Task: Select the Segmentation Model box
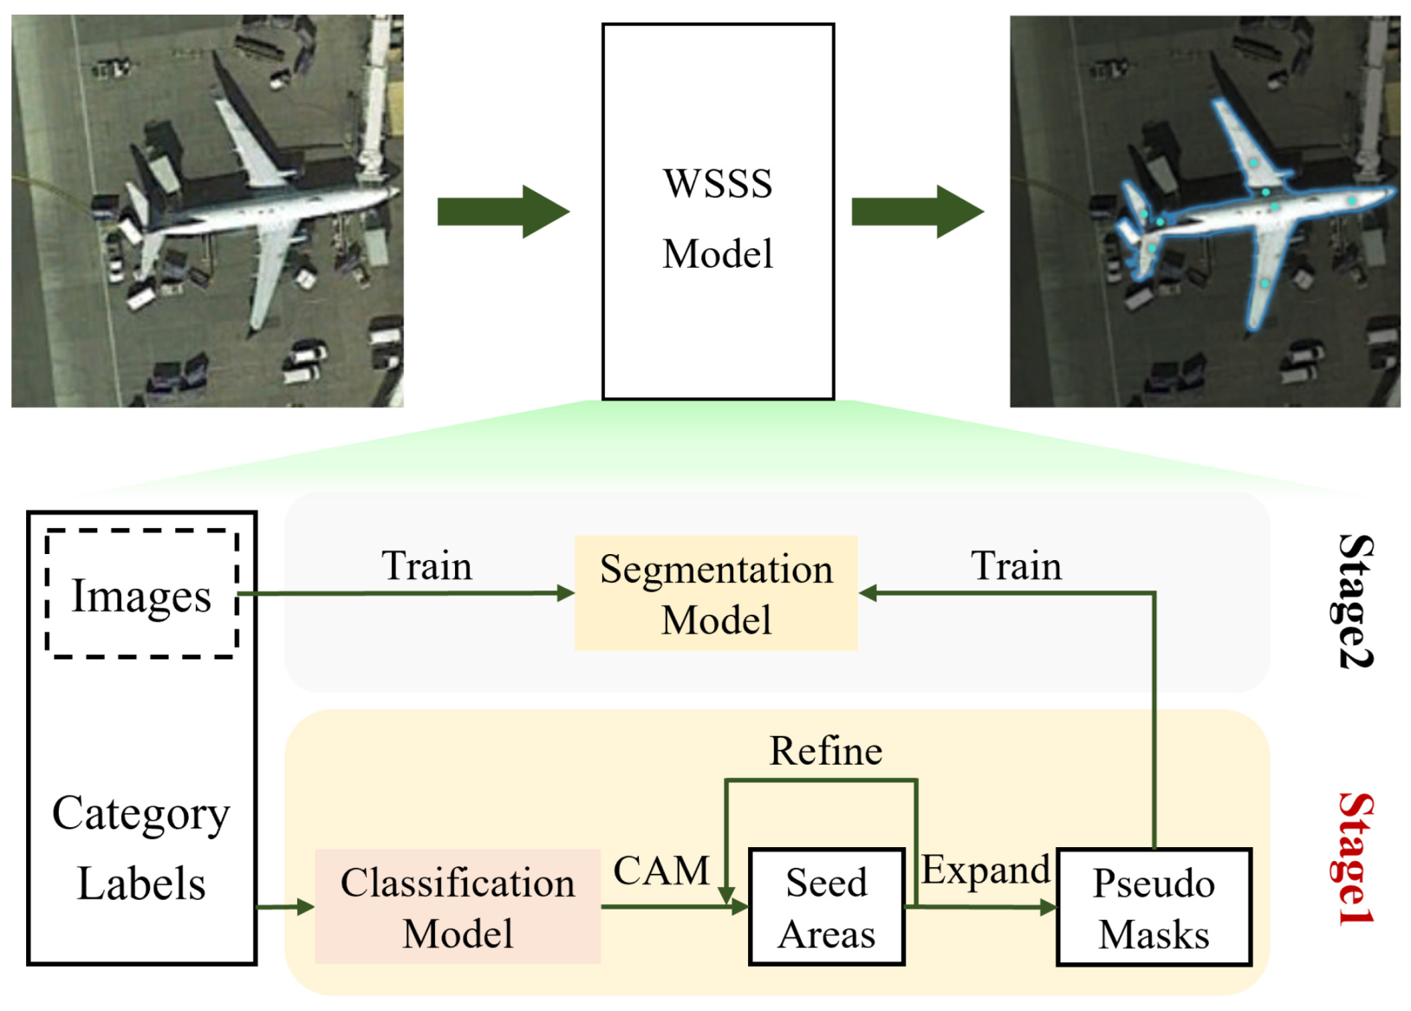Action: (x=716, y=594)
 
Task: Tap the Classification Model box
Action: (x=458, y=906)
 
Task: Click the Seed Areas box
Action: (x=826, y=907)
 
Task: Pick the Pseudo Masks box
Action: (x=1154, y=907)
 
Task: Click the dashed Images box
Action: (x=141, y=595)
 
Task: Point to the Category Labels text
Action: (x=141, y=848)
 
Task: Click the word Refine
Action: (x=825, y=751)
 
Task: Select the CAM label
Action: (x=661, y=871)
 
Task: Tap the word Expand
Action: (x=985, y=870)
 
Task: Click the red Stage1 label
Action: (x=1354, y=858)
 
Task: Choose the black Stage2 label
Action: (x=1354, y=601)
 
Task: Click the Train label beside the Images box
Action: (x=426, y=566)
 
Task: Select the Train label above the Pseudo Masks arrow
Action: (x=1016, y=566)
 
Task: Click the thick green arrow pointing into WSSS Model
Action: (x=503, y=212)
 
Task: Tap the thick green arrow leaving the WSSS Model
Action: (x=917, y=212)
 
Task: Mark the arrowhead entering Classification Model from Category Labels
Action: (x=305, y=907)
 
